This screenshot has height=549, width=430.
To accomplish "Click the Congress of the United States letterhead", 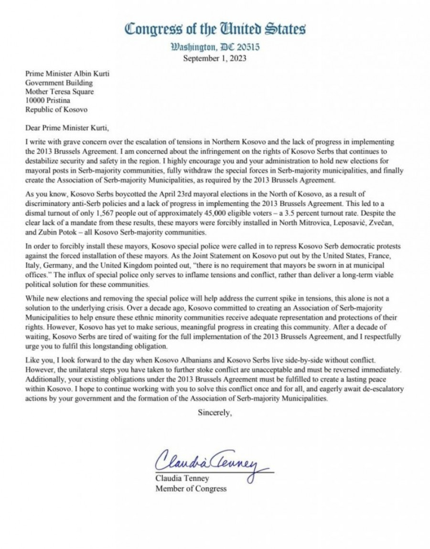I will tap(215, 29).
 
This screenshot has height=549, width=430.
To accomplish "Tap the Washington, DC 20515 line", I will tap(215, 48).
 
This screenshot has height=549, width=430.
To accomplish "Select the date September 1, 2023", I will tap(215, 59).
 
